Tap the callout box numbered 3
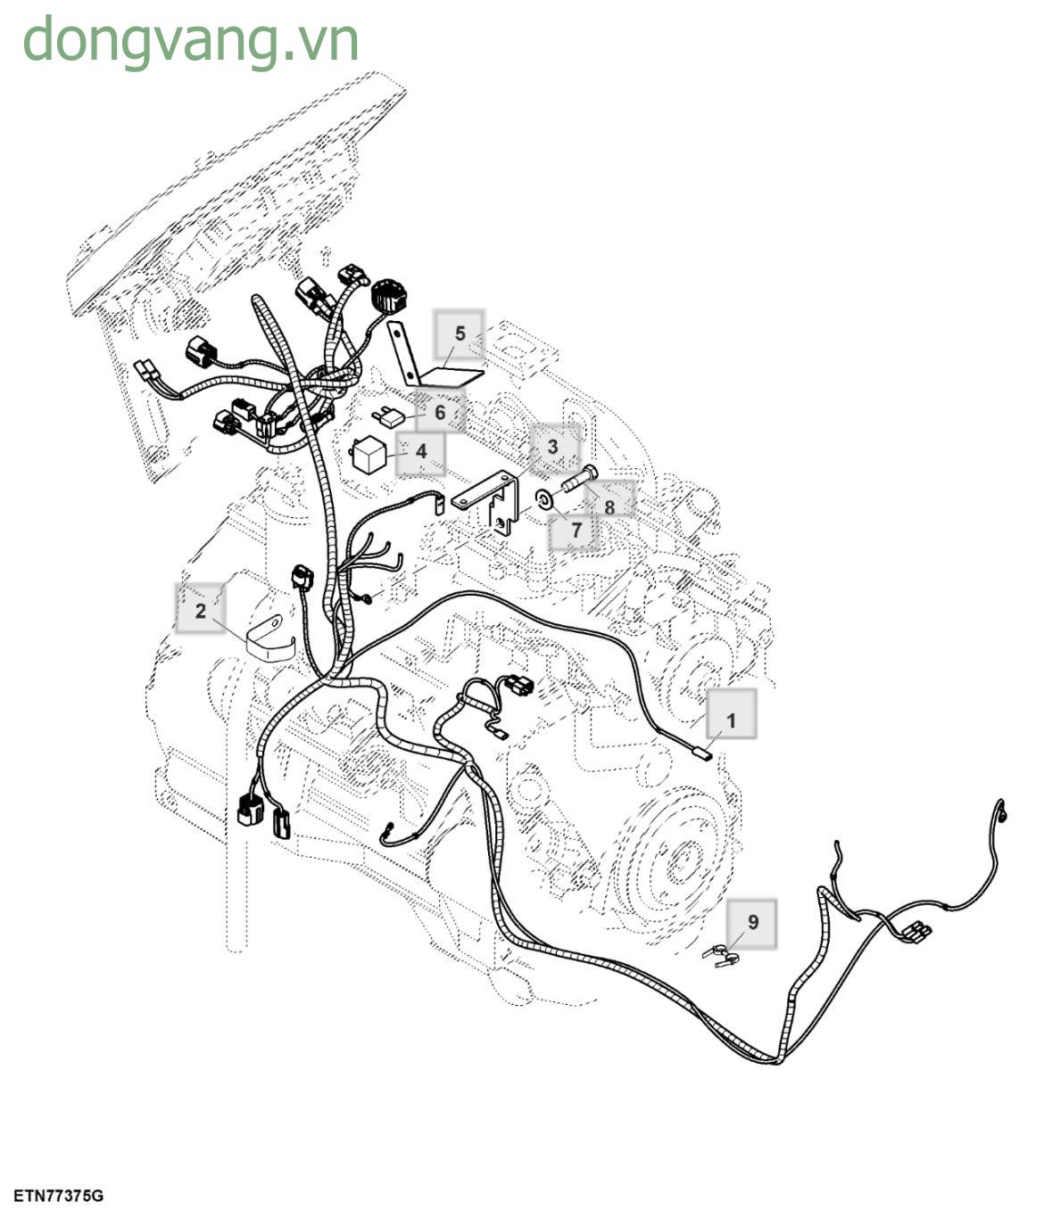[x=552, y=448]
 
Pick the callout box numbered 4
[x=420, y=452]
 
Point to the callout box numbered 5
[x=460, y=333]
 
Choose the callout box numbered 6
[x=440, y=412]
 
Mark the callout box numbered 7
[x=576, y=530]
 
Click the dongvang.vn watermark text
[x=191, y=40]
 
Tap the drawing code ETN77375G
[x=58, y=1197]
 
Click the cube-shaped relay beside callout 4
[x=368, y=455]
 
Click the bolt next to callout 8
[x=579, y=479]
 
